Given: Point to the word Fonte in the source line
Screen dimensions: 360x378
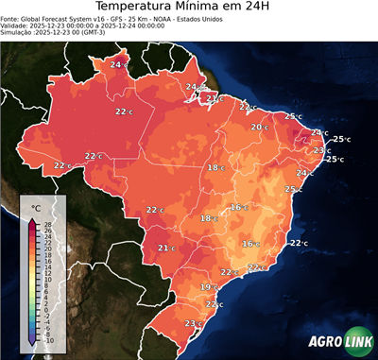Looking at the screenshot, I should [x=12, y=23].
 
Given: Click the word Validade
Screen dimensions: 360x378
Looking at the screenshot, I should [x=17, y=29].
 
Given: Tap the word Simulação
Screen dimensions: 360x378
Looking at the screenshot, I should [x=18, y=37].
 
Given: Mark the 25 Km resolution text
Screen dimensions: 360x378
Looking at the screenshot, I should [x=143, y=23].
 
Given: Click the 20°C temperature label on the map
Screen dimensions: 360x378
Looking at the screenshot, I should [x=259, y=127].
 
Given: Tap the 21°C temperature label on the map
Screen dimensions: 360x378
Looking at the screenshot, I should [x=165, y=249].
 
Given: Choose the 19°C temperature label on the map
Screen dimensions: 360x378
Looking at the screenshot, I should [x=208, y=287].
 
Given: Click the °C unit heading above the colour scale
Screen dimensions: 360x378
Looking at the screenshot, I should [x=36, y=207].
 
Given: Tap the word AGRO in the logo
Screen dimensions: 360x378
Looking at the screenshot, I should [x=323, y=341].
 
